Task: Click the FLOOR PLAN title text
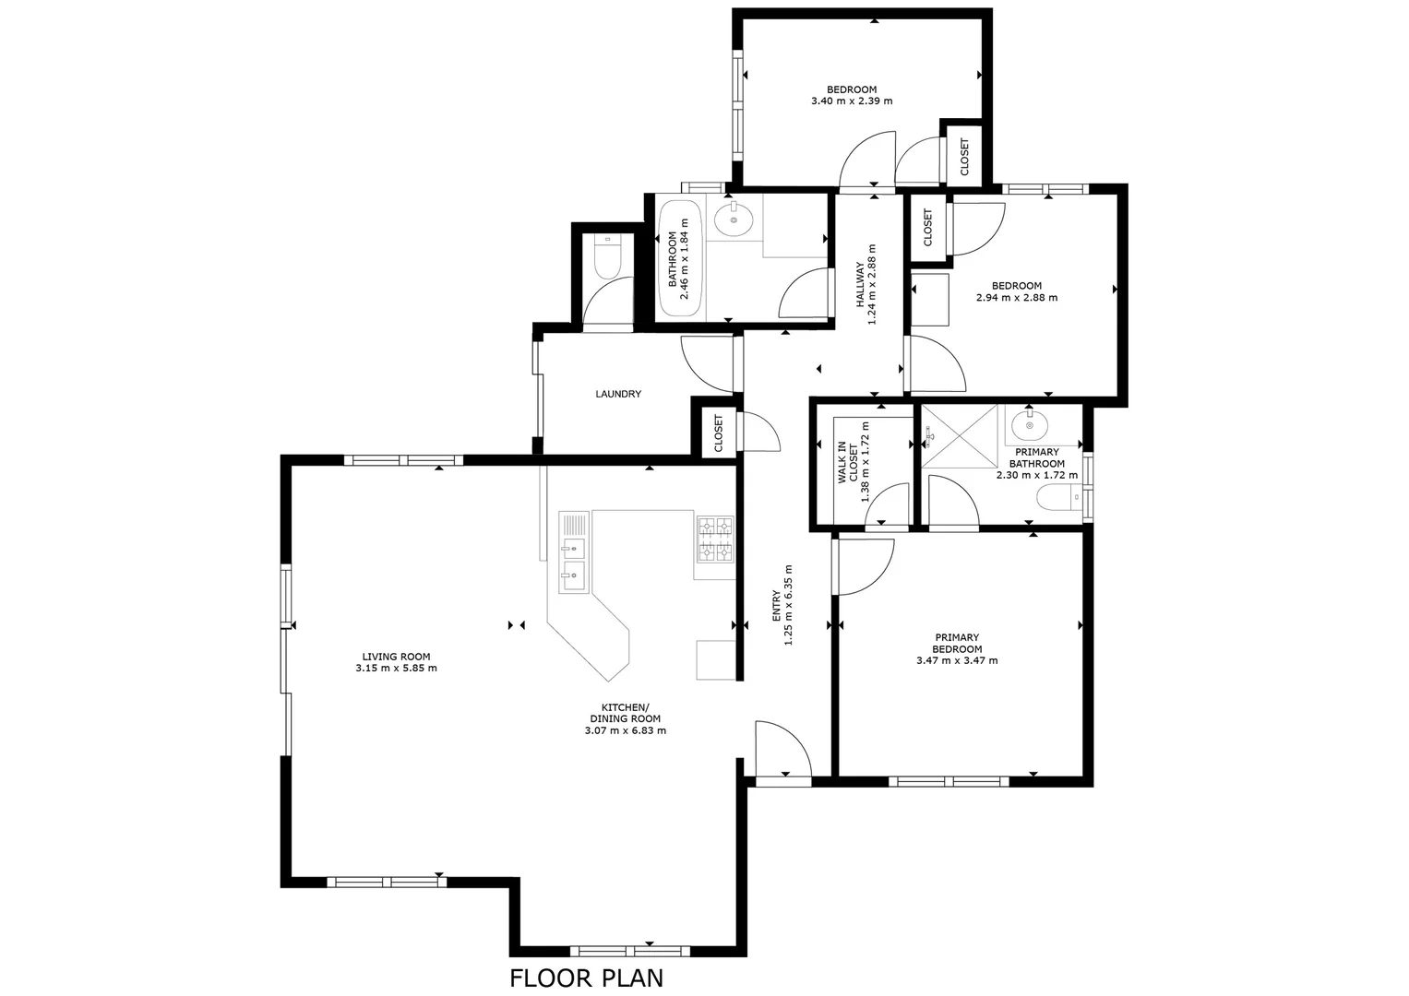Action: (x=586, y=978)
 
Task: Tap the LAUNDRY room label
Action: (x=617, y=394)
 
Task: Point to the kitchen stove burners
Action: (x=714, y=539)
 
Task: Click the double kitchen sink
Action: (x=573, y=551)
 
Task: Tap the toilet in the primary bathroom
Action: (x=1057, y=499)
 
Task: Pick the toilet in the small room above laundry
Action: (x=607, y=258)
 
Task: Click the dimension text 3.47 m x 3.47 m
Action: (x=956, y=660)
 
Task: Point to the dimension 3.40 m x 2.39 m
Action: (x=851, y=101)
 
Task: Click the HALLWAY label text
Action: (x=859, y=284)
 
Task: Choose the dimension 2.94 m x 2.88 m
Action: (x=1016, y=298)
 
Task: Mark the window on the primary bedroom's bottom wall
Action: (x=949, y=781)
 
